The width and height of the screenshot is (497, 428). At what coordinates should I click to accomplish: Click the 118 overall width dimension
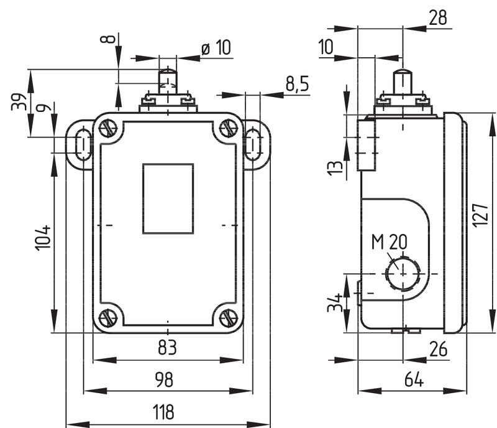(163, 412)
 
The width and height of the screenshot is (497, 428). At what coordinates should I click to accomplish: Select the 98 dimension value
(164, 379)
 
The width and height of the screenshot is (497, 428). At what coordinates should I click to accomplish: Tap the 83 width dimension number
(167, 347)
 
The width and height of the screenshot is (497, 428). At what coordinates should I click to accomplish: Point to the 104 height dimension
(43, 238)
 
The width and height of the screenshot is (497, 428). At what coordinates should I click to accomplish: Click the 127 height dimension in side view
(480, 215)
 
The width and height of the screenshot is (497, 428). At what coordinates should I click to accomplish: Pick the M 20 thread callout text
(390, 242)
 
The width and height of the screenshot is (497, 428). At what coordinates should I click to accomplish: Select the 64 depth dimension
(414, 379)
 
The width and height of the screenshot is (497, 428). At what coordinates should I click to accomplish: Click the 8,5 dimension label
(297, 84)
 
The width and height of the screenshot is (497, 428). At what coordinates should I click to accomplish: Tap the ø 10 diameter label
(216, 48)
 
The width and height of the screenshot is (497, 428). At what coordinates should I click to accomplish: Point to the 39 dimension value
(19, 101)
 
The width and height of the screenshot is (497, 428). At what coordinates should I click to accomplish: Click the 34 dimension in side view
(335, 302)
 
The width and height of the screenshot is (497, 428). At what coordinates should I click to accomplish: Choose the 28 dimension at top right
(438, 17)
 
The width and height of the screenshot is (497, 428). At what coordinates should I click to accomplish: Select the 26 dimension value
(439, 349)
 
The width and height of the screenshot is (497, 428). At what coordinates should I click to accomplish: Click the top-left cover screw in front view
(108, 129)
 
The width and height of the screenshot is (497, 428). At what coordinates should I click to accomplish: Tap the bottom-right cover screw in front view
(229, 319)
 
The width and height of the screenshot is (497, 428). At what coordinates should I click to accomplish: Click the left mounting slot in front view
(83, 144)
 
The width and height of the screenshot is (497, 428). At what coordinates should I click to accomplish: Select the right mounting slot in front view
(253, 144)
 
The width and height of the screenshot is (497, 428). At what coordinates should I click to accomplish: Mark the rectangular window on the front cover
(168, 199)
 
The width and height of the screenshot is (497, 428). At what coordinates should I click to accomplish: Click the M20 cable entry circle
(403, 274)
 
